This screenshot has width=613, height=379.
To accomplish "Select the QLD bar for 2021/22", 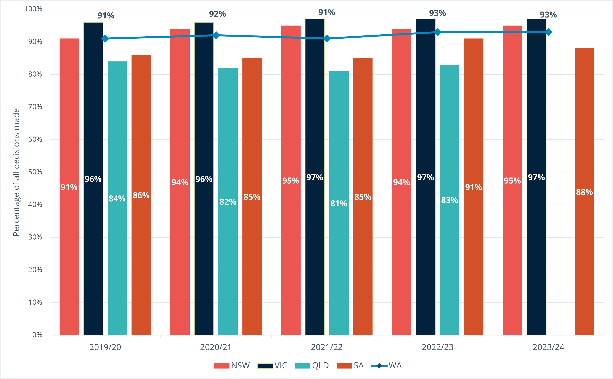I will [x=339, y=251].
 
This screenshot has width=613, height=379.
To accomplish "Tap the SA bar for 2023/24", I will [x=584, y=251].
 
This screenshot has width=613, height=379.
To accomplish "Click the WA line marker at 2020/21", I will [x=216, y=35].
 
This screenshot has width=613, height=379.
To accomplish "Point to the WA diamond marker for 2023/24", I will [x=548, y=32].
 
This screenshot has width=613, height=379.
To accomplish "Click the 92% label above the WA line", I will [x=217, y=14].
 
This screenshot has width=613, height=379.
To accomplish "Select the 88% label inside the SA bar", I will [x=584, y=192].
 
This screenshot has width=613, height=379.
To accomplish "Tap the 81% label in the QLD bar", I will [x=339, y=203].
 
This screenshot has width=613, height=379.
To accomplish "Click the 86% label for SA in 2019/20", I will [x=141, y=195].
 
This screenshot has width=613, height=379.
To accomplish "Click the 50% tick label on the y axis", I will [x=35, y=172].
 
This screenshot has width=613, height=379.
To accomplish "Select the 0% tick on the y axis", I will [x=37, y=335].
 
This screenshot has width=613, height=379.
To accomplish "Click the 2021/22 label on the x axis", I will [x=327, y=347].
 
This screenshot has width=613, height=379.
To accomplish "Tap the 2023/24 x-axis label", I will [x=548, y=347].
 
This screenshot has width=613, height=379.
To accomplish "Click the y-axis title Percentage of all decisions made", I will [x=16, y=172].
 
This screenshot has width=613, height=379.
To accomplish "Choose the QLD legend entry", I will [x=312, y=366].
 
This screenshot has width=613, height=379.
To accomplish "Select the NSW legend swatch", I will [x=222, y=366].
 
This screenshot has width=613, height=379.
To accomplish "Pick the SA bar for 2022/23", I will [x=473, y=251].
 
